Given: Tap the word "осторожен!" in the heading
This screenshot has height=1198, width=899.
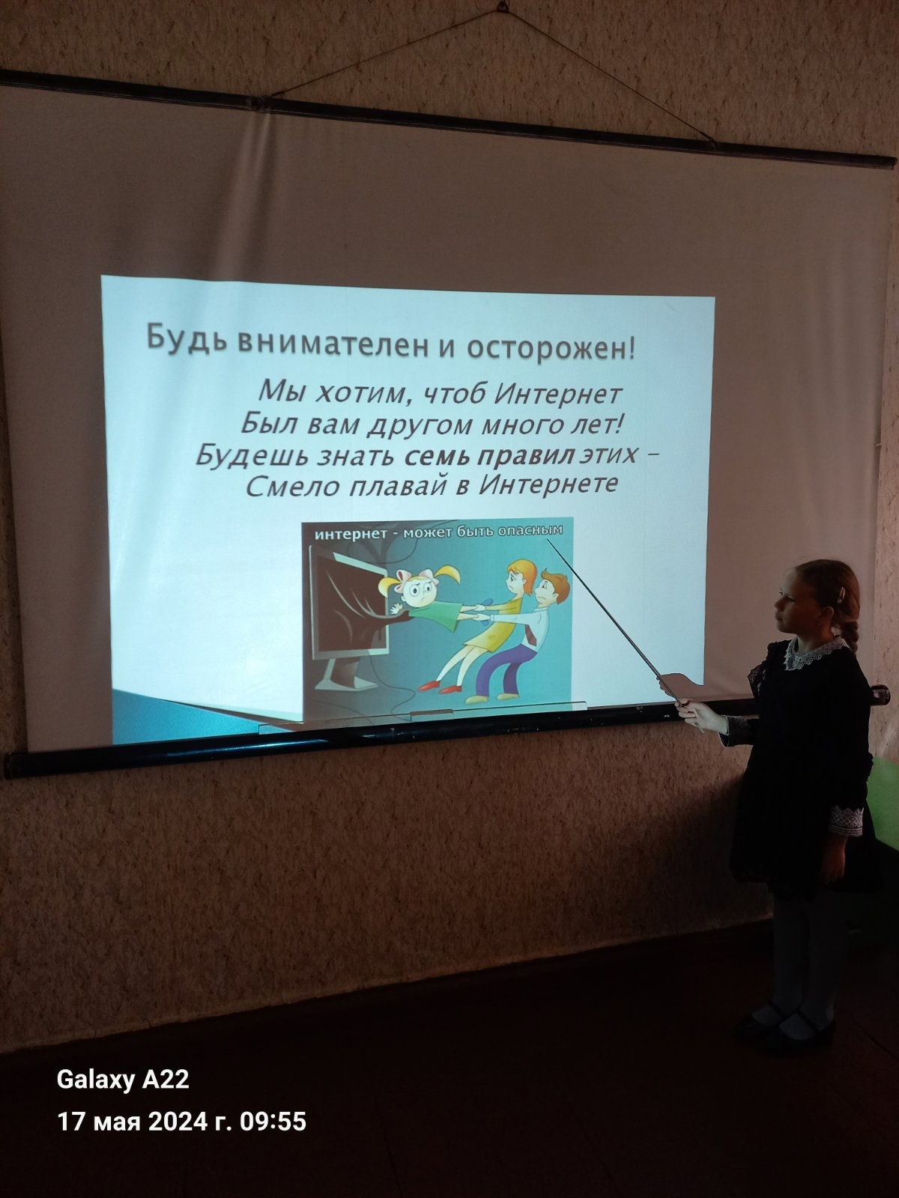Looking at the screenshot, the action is pos(550,350).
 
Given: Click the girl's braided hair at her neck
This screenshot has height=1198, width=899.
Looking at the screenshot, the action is pos(852,627).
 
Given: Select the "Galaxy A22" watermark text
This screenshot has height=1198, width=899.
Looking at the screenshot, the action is pos(123,1080).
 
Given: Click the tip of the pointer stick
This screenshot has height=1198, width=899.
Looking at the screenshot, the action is pos(548,540).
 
